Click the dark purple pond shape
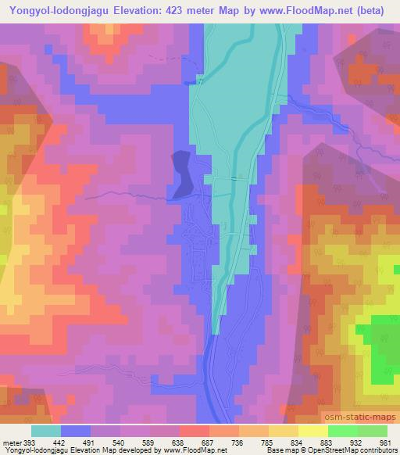point(181,174)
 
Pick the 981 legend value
point(386,442)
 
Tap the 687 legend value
point(209,442)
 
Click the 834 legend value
point(298,442)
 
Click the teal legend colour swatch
point(46,431)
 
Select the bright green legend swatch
point(342,431)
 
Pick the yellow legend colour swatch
point(312,431)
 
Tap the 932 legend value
point(355,442)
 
